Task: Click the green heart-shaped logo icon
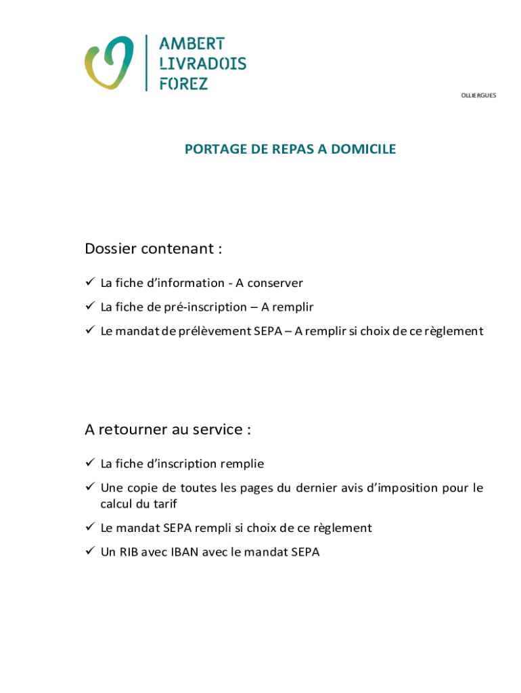108,63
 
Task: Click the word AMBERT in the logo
191,44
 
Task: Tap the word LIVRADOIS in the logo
202,64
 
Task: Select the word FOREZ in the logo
183,83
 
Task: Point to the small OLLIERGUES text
478,95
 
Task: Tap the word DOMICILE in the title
368,150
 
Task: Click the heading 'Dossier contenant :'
154,249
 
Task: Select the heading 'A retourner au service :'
168,430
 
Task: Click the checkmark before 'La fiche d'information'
89,283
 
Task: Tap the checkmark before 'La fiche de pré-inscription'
89,307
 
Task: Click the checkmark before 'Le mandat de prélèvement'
89,331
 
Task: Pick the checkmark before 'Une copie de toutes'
89,488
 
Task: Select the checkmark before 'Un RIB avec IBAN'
89,552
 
